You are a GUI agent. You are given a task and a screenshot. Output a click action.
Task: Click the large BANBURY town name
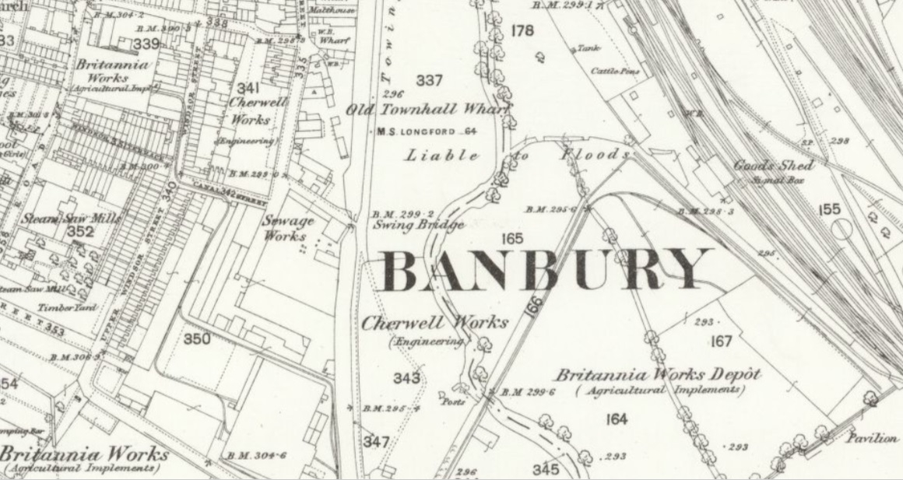pyautogui.click(x=545, y=271)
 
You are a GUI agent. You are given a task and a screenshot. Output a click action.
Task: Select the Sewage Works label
pyautogui.click(x=287, y=227)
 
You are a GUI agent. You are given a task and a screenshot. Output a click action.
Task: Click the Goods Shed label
pyautogui.click(x=774, y=165)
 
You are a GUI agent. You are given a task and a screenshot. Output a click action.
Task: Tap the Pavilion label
pyautogui.click(x=873, y=438)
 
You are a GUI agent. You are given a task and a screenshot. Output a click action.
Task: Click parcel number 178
pyautogui.click(x=523, y=31)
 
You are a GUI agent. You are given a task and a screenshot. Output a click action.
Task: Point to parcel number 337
pyautogui.click(x=429, y=80)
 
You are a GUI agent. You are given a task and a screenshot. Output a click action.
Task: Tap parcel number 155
pyautogui.click(x=830, y=209)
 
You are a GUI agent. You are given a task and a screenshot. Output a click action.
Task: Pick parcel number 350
pyautogui.click(x=197, y=339)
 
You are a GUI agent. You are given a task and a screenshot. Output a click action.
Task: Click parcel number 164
pyautogui.click(x=615, y=419)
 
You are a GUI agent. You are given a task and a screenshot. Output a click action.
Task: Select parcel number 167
pyautogui.click(x=722, y=342)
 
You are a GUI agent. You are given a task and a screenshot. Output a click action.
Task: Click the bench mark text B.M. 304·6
pyautogui.click(x=258, y=455)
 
